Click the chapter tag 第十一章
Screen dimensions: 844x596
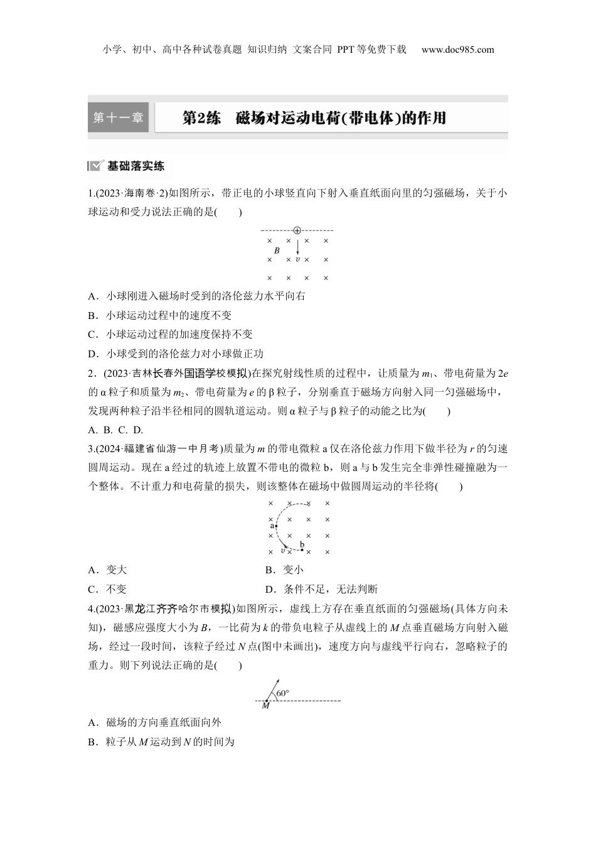[x=118, y=117]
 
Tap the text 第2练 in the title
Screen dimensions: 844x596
[x=201, y=118]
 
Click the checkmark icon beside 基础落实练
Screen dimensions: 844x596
[x=95, y=166]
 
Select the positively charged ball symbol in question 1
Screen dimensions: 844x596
[x=297, y=231]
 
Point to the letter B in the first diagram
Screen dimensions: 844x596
[x=277, y=250]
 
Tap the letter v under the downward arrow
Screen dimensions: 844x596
[x=297, y=259]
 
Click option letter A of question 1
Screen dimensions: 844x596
[x=92, y=296]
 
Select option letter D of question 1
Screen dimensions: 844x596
[x=92, y=354]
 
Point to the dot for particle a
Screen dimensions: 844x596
[x=276, y=526]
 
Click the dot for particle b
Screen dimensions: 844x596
[x=302, y=550]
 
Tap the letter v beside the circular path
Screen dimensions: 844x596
[x=284, y=551]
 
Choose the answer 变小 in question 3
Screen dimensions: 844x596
[x=293, y=570]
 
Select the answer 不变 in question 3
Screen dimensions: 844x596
[x=116, y=589]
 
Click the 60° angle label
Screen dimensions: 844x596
[x=282, y=693]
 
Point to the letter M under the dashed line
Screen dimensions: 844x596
[x=265, y=706]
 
